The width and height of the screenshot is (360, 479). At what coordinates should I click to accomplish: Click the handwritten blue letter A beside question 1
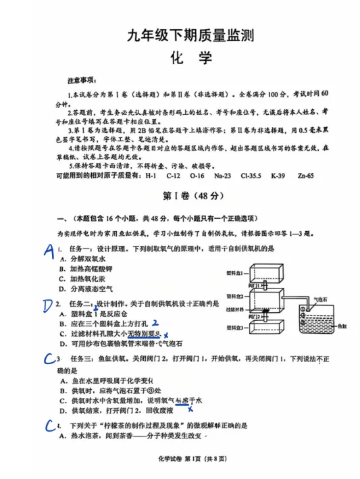tap(48, 251)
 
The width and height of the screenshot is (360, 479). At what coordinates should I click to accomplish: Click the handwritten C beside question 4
tap(50, 425)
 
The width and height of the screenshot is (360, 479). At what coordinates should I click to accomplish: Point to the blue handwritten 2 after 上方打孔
tap(155, 323)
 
